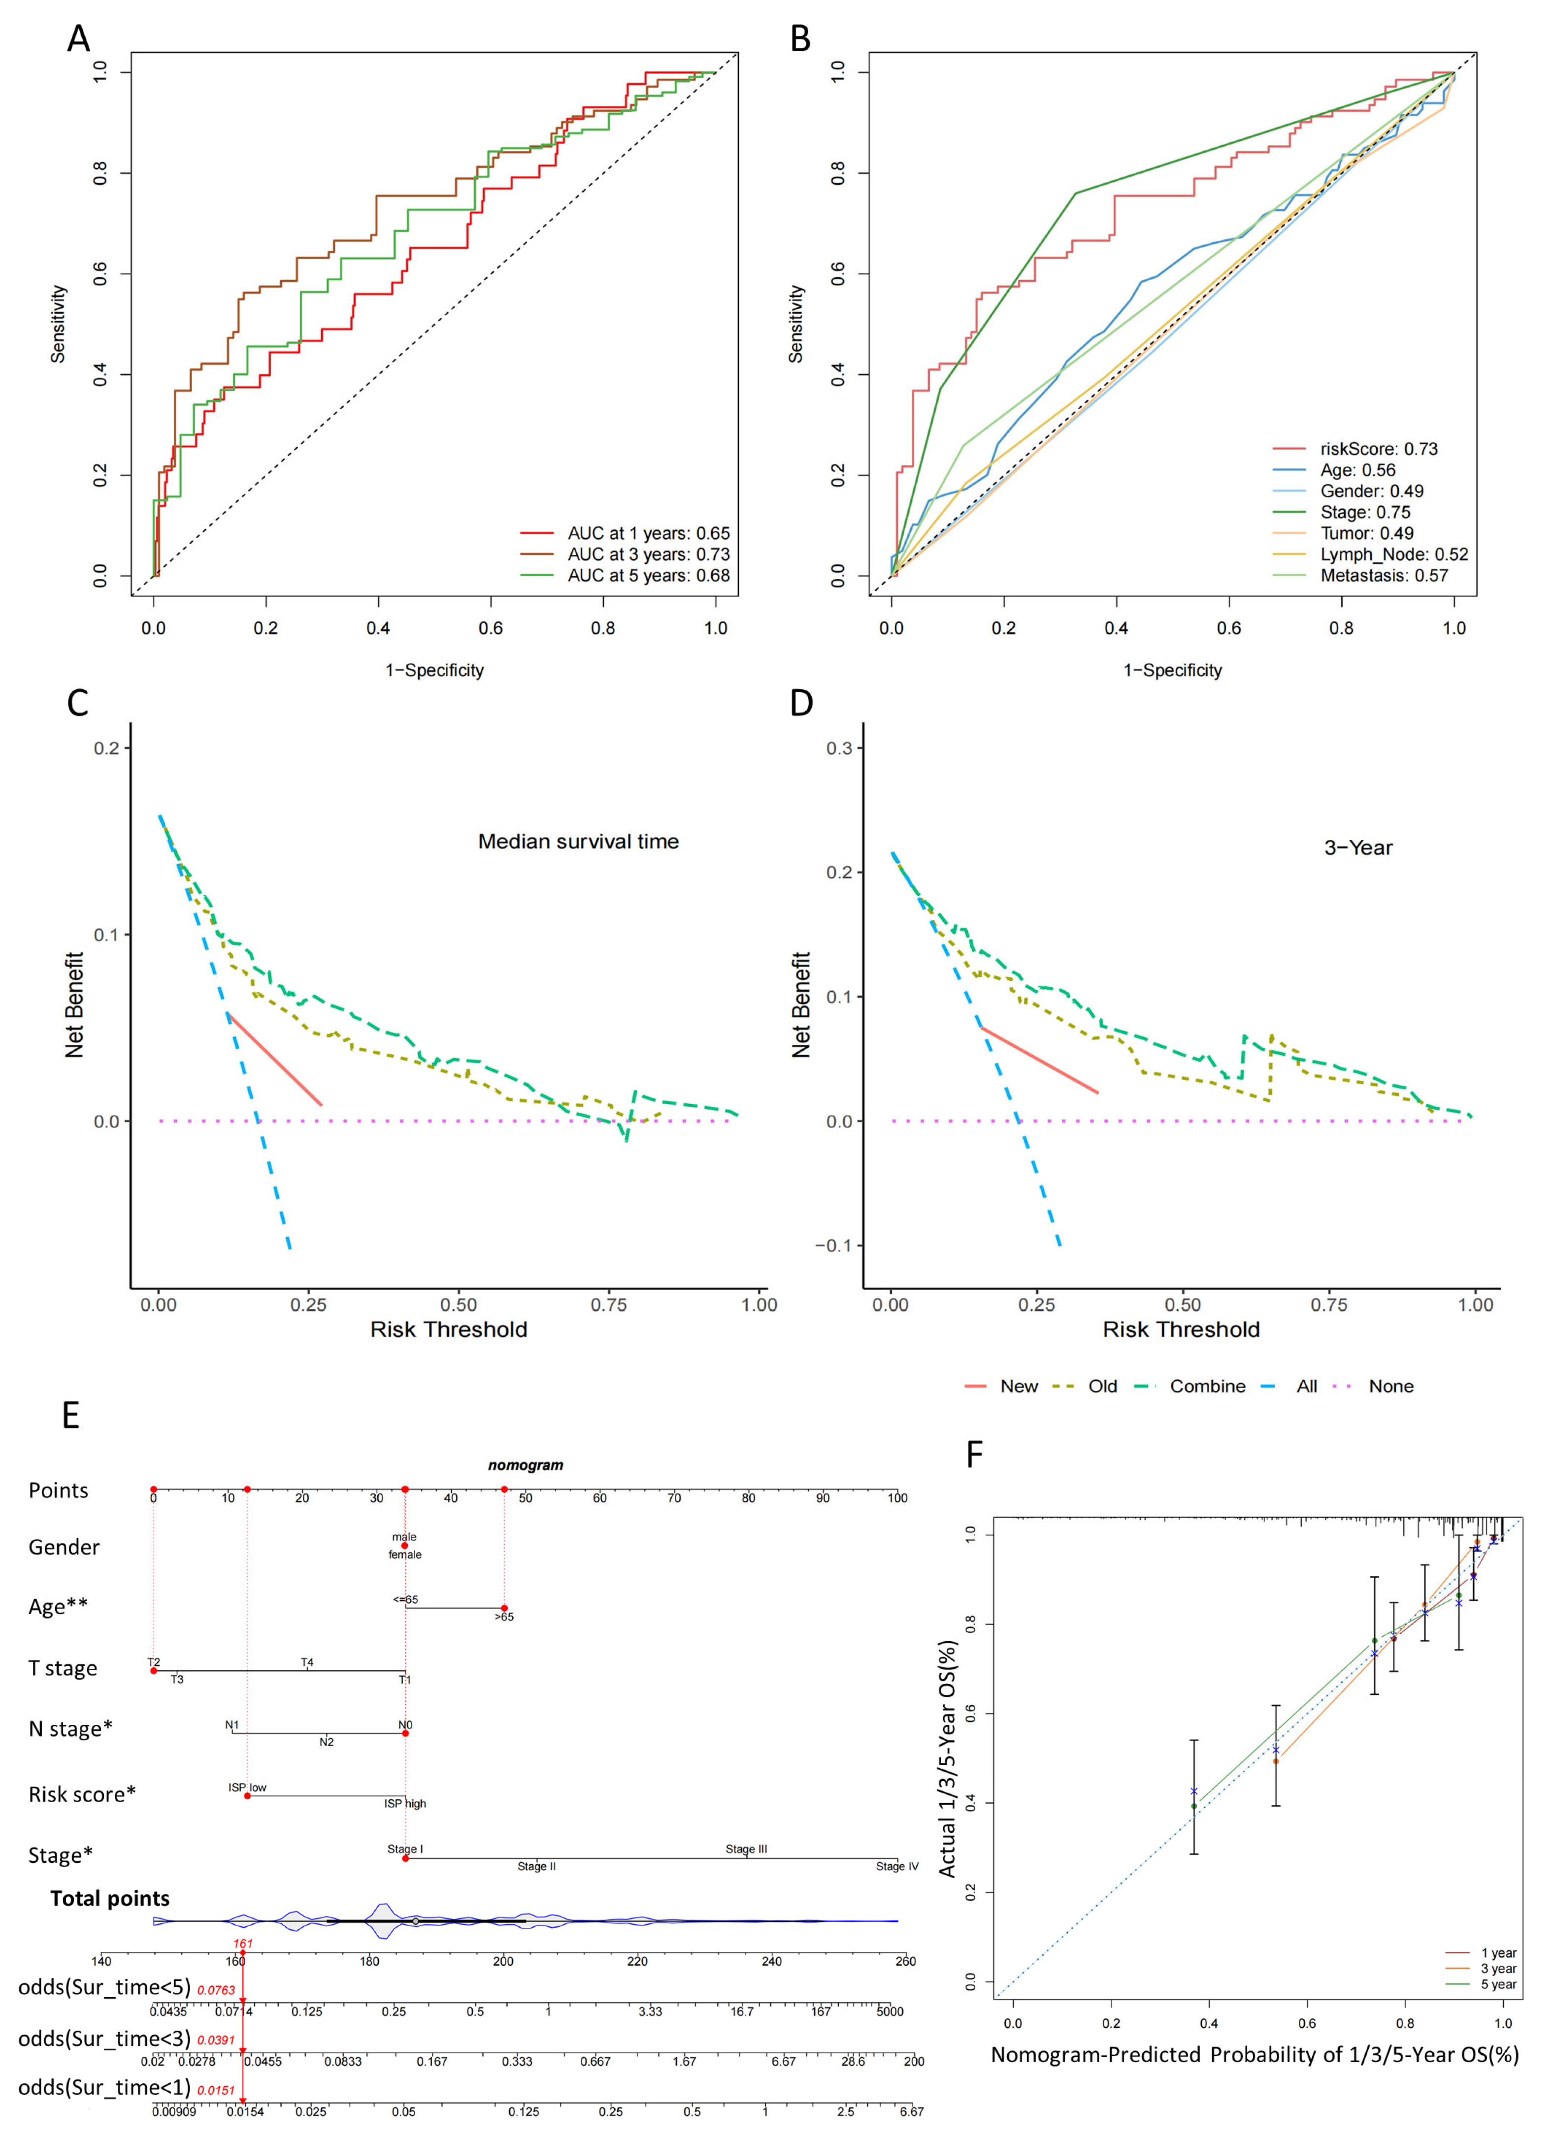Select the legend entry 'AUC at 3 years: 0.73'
pos(648,554)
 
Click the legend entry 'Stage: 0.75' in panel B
pos(1364,512)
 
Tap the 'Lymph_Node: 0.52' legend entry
pos(1393,554)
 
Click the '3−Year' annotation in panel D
pos(1358,847)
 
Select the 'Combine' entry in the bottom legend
pos(1207,1386)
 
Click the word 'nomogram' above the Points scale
pos(525,1465)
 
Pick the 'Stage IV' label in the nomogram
pos(897,1867)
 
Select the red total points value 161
pos(242,1944)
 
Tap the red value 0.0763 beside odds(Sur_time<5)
pos(216,1990)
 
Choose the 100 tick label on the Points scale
pos(897,1498)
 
